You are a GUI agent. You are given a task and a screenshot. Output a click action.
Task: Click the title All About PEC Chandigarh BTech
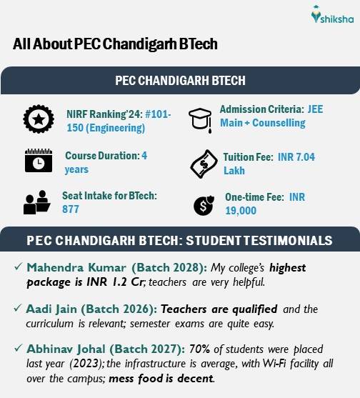click(115, 44)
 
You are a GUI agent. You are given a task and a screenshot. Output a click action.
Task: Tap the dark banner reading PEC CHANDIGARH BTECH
click(180, 79)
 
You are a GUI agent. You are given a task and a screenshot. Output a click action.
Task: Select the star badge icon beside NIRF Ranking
click(35, 119)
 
